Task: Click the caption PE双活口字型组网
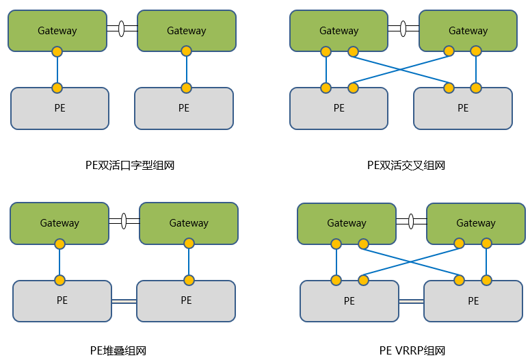(x=130, y=165)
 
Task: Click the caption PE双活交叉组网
(x=406, y=165)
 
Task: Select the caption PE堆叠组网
(x=118, y=351)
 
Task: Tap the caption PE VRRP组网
(x=412, y=351)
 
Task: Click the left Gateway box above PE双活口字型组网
(x=57, y=30)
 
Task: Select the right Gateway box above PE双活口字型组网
(x=187, y=30)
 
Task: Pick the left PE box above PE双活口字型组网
(x=59, y=108)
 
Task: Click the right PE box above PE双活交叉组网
(x=463, y=108)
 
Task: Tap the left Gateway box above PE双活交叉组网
(x=339, y=30)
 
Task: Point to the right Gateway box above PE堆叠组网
(x=189, y=223)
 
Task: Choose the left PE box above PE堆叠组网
(x=62, y=300)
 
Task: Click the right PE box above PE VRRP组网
(x=473, y=301)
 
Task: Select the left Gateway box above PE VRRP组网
(x=347, y=223)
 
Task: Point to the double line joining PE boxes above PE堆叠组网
(x=124, y=300)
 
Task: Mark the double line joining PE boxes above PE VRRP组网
(x=412, y=301)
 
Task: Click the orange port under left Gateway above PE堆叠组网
(x=59, y=244)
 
